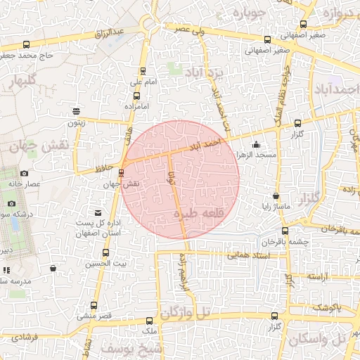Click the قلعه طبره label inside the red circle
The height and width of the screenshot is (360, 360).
pyautogui.click(x=204, y=213)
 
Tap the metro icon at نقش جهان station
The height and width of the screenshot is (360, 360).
pyautogui.click(x=121, y=172)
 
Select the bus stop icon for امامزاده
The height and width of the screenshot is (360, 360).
pyautogui.click(x=136, y=96)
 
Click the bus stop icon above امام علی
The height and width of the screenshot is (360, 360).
pyautogui.click(x=143, y=70)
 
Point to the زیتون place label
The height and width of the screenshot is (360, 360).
pyautogui.click(x=76, y=122)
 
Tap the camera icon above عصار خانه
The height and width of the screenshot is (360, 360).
pyautogui.click(x=24, y=173)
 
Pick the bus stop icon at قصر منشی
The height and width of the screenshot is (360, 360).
pyautogui.click(x=94, y=305)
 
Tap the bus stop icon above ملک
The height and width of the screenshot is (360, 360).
pyautogui.click(x=150, y=321)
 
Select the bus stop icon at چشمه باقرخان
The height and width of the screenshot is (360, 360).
pyautogui.click(x=284, y=230)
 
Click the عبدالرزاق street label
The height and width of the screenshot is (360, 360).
pyautogui.click(x=112, y=33)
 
